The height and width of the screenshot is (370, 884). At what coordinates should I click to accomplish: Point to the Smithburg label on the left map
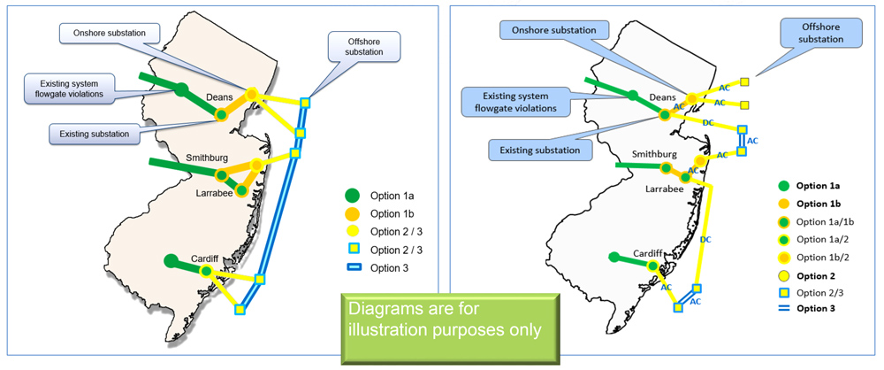pyautogui.click(x=208, y=158)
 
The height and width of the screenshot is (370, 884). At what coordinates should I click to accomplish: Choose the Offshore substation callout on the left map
pyautogui.click(x=362, y=46)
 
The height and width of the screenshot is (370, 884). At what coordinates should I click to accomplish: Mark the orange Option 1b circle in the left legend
pyautogui.click(x=353, y=213)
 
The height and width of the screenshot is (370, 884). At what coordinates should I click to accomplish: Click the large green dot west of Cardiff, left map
pyautogui.click(x=170, y=260)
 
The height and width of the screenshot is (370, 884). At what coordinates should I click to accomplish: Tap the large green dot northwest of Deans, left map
pyautogui.click(x=180, y=89)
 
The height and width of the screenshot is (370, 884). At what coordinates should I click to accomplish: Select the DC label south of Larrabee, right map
pyautogui.click(x=705, y=239)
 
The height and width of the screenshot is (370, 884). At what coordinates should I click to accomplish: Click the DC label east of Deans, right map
pyautogui.click(x=709, y=122)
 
